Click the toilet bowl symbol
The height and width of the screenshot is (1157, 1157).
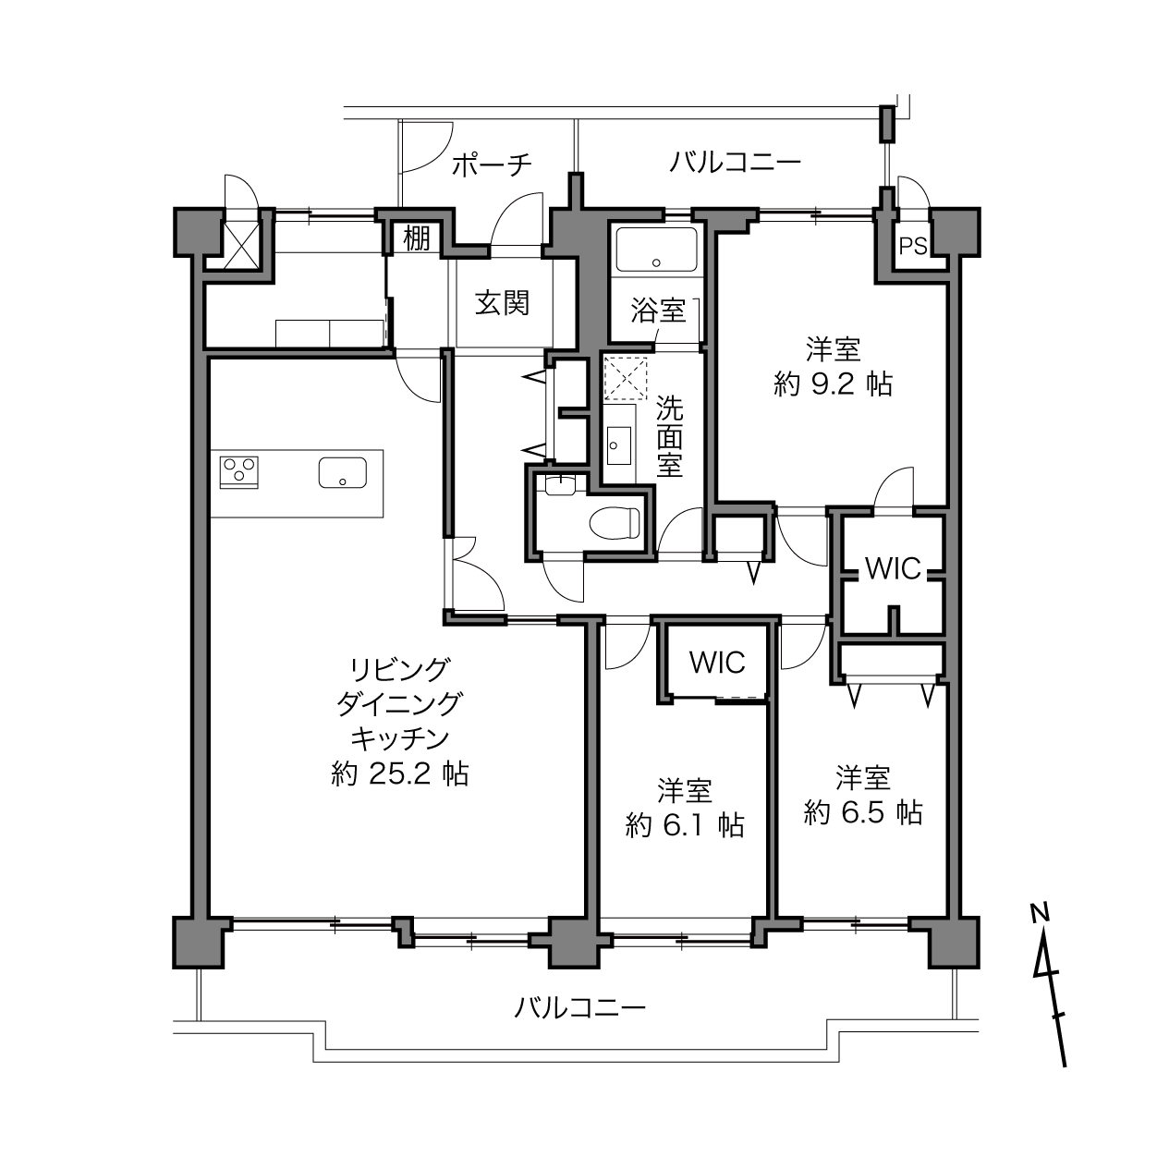tap(615, 522)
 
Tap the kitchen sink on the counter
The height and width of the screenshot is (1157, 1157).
tap(342, 472)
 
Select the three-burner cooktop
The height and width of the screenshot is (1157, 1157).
tap(239, 472)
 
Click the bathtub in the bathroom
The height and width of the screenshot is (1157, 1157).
tap(656, 250)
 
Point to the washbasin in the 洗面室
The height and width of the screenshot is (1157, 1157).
tap(618, 445)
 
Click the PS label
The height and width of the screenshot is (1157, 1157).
tap(913, 246)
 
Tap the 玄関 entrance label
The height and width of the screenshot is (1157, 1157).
tap(502, 303)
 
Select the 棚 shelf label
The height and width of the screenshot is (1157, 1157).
tap(417, 238)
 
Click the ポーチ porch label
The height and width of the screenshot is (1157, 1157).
tap(492, 164)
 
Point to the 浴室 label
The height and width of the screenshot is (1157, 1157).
tap(658, 311)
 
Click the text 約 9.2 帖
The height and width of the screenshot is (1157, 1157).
tap(833, 384)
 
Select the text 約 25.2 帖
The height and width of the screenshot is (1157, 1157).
tap(399, 773)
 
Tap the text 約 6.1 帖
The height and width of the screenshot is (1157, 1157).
tap(685, 825)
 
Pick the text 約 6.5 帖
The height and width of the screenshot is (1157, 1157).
tap(863, 812)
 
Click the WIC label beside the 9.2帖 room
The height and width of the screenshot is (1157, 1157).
tap(893, 568)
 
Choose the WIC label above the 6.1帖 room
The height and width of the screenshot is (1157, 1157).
tap(717, 663)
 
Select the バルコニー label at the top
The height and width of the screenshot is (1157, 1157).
tap(735, 163)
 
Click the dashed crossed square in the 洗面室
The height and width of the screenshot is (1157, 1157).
tap(626, 378)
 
